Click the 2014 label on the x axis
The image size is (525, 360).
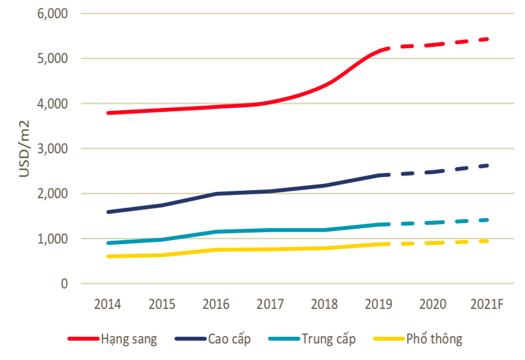click(x=108, y=304)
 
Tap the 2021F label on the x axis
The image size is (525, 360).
click(x=487, y=304)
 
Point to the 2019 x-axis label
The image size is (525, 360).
click(x=379, y=304)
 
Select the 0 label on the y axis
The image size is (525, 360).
click(x=65, y=284)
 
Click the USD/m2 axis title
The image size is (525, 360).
click(x=24, y=149)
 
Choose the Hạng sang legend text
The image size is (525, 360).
click(x=129, y=340)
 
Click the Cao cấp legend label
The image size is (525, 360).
click(x=229, y=340)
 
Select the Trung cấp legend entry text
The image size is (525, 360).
click(x=329, y=340)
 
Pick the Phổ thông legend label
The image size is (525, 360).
click(x=434, y=340)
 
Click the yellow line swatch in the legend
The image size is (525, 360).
click(x=387, y=340)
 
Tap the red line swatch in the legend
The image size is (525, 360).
click(x=82, y=340)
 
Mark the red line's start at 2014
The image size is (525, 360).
click(x=108, y=113)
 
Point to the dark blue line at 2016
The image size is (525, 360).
click(x=216, y=194)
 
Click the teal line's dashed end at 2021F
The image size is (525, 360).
click(x=487, y=220)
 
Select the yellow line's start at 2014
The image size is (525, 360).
click(x=108, y=257)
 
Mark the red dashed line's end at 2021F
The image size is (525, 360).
click(x=487, y=39)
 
